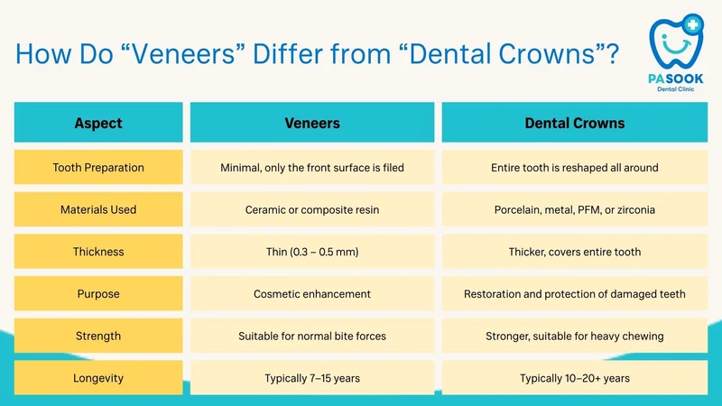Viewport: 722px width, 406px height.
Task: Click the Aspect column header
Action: click(x=98, y=123)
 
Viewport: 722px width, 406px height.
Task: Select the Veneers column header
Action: click(x=312, y=123)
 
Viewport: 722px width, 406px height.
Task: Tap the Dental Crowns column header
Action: click(x=575, y=123)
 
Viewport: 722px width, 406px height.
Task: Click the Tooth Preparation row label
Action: click(x=98, y=167)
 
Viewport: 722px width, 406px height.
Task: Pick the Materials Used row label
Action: click(x=98, y=209)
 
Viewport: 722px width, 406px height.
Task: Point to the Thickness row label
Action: click(x=98, y=252)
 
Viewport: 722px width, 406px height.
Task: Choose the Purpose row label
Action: click(x=98, y=294)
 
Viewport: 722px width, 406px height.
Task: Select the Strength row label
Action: click(x=98, y=336)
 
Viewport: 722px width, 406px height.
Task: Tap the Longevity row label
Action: click(x=98, y=378)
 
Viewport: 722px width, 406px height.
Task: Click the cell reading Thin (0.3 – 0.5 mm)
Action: click(x=312, y=252)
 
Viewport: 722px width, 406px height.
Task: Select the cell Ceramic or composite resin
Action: click(x=312, y=209)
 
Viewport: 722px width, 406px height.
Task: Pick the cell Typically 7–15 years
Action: click(x=312, y=378)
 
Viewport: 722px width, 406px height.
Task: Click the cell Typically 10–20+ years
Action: click(x=575, y=378)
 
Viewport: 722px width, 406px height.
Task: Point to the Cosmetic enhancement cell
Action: click(x=312, y=294)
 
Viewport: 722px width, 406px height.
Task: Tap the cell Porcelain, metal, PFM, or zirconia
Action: click(x=575, y=209)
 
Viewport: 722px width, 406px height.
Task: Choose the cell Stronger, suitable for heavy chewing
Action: click(x=575, y=336)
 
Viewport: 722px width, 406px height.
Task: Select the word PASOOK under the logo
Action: click(x=675, y=78)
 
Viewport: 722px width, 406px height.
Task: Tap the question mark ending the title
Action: click(x=613, y=54)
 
